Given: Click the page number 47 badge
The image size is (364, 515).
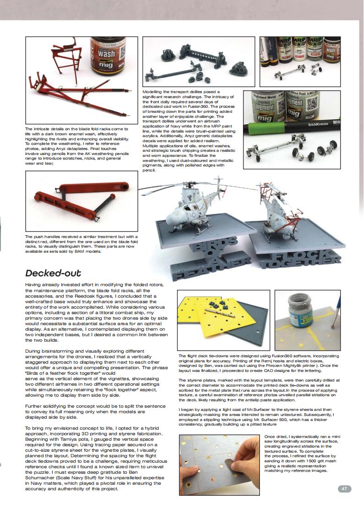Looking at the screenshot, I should pyautogui.click(x=344, y=489).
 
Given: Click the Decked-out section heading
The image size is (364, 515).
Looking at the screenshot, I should pyautogui.click(x=53, y=273).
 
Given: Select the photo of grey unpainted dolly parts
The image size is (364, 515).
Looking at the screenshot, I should pyautogui.click(x=199, y=61).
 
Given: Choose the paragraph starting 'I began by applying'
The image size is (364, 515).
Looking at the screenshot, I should pyautogui.click(x=259, y=416).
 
